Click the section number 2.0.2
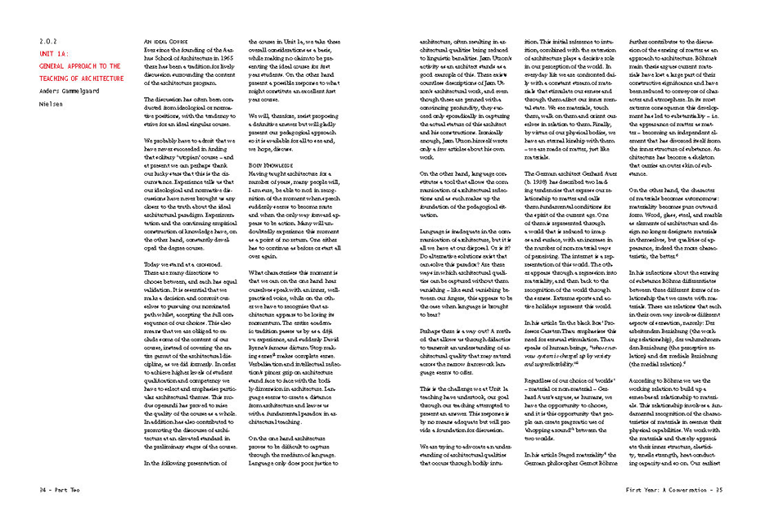pos(49,41)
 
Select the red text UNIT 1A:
pos(55,53)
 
